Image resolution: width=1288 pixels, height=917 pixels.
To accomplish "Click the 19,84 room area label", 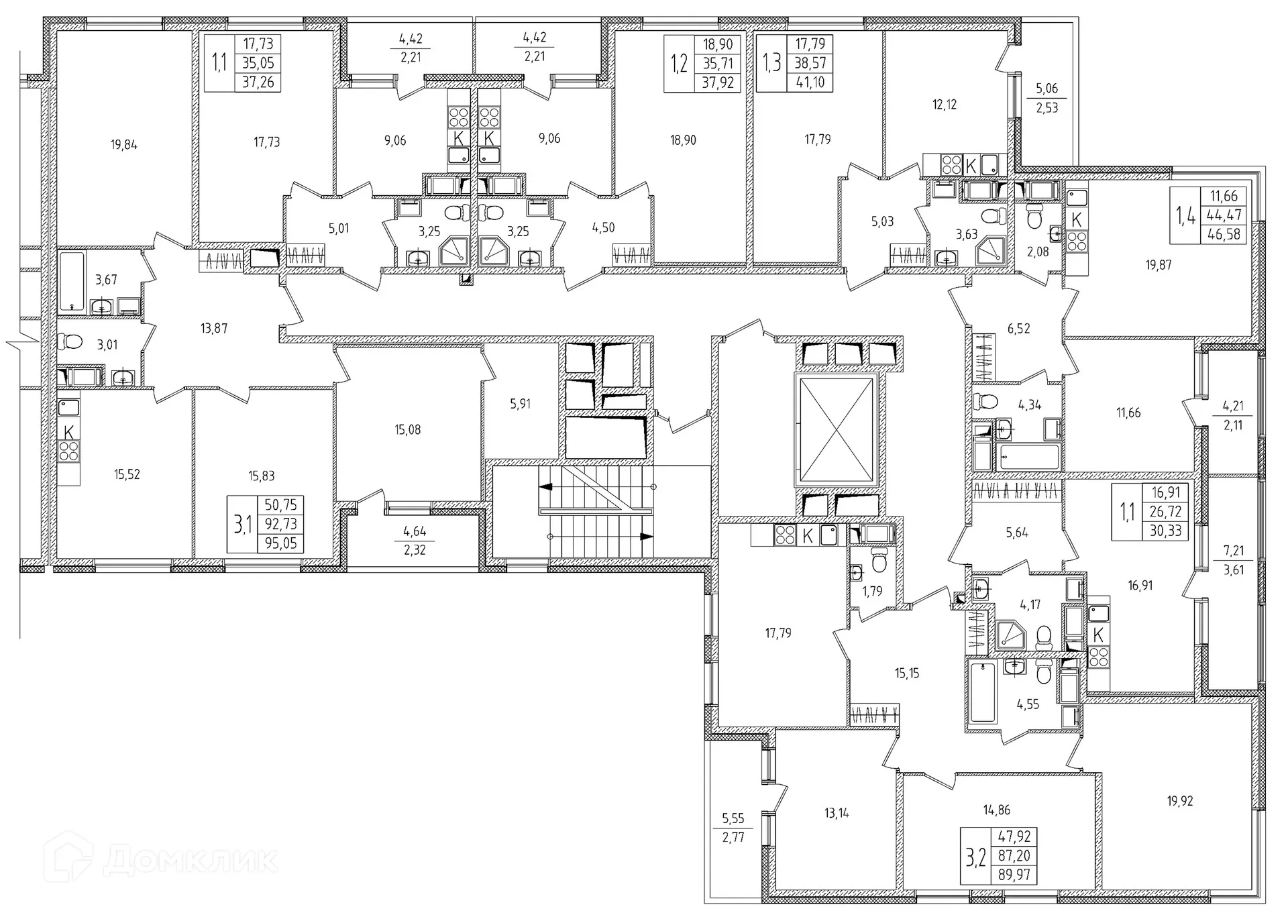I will pyautogui.click(x=124, y=144).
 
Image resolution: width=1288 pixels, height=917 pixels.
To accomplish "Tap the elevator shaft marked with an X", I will pyautogui.click(x=836, y=430).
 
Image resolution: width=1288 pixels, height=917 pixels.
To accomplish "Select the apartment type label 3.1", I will pyautogui.click(x=241, y=525).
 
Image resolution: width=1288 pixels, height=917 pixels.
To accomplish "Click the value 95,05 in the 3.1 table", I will pyautogui.click(x=280, y=543).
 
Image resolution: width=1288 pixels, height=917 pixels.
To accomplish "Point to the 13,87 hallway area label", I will pyautogui.click(x=213, y=329).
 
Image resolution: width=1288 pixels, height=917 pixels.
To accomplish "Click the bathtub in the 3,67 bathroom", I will pyautogui.click(x=72, y=281).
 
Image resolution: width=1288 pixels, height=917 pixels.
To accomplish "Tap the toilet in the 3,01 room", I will pyautogui.click(x=70, y=342).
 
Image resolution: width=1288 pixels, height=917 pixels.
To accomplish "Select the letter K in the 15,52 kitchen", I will pyautogui.click(x=68, y=432).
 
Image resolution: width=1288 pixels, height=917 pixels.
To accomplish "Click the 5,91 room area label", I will pyautogui.click(x=520, y=404).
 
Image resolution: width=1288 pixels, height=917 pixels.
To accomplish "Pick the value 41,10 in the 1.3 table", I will pyautogui.click(x=810, y=83).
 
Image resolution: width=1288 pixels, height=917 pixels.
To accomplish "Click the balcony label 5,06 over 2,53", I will pyautogui.click(x=1046, y=98).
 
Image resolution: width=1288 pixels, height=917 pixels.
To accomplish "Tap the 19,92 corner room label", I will pyautogui.click(x=1179, y=801).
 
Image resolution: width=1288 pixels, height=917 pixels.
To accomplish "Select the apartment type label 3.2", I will pyautogui.click(x=975, y=857).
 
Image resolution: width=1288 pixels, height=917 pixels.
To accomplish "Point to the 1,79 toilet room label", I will pyautogui.click(x=872, y=592).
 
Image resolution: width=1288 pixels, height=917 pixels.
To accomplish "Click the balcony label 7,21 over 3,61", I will pyautogui.click(x=1233, y=560).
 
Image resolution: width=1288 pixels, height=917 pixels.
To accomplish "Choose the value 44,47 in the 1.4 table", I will pyautogui.click(x=1224, y=215).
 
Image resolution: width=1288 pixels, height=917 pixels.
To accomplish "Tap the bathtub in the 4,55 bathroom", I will pyautogui.click(x=983, y=692).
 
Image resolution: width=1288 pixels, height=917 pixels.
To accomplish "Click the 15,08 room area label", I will pyautogui.click(x=407, y=430).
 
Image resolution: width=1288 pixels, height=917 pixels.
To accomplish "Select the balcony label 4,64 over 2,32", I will pyautogui.click(x=415, y=541).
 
